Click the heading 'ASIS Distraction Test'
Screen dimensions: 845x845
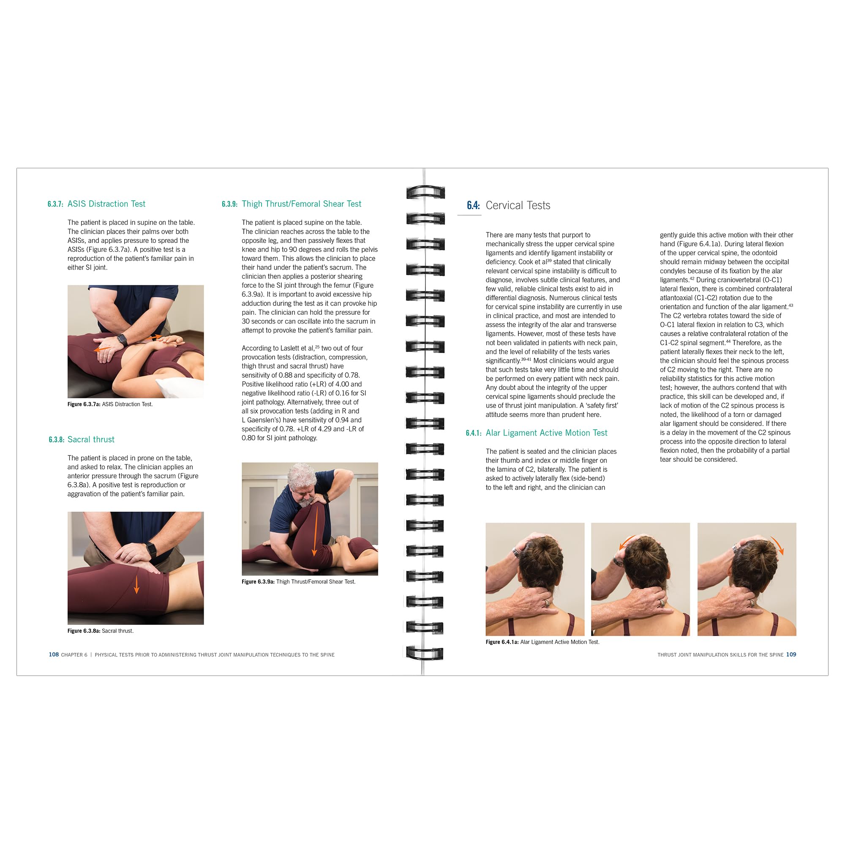(x=106, y=204)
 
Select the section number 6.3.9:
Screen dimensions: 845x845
(x=229, y=204)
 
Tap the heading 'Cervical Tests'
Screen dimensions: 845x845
(x=518, y=206)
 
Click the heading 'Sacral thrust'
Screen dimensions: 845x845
(x=91, y=439)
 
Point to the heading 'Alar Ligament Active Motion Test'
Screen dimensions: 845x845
(x=546, y=433)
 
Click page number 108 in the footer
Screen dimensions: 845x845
(x=53, y=655)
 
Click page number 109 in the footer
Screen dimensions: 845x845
(x=791, y=655)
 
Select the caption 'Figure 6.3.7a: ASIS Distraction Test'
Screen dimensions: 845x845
(x=110, y=405)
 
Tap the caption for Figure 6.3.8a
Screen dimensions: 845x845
(x=101, y=631)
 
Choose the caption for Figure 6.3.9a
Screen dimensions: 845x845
(x=298, y=582)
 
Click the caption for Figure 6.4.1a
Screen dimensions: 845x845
(x=542, y=642)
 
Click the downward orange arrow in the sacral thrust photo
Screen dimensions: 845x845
(x=136, y=585)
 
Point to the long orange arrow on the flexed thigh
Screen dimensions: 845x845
(x=313, y=530)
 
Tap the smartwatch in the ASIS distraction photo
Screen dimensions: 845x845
(x=122, y=339)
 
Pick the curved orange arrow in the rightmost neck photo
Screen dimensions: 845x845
(x=777, y=545)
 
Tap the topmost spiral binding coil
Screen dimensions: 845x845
(x=425, y=192)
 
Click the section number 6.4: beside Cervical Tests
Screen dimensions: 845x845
(x=473, y=206)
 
